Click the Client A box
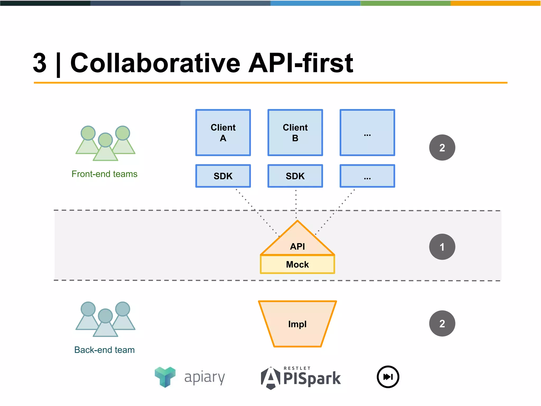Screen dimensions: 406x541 [223, 132]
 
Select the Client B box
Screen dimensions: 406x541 [295, 132]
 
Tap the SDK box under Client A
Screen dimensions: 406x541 [223, 176]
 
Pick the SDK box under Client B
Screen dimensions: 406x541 [295, 176]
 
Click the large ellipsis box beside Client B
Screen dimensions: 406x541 [367, 132]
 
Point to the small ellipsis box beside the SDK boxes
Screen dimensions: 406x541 [367, 176]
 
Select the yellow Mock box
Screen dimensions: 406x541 [297, 264]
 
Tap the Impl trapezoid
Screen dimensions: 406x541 [297, 324]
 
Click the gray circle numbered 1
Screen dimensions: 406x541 [442, 247]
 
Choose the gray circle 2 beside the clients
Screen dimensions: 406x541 [442, 147]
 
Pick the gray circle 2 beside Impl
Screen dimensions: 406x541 [442, 323]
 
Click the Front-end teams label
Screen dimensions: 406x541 [104, 174]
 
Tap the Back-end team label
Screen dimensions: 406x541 [104, 350]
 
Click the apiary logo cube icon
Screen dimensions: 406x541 [165, 377]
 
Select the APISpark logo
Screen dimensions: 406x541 [301, 377]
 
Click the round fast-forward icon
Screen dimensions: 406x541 [388, 377]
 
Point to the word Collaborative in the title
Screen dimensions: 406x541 [155, 63]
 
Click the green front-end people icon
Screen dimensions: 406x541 [105, 143]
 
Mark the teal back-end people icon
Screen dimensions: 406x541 [105, 319]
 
